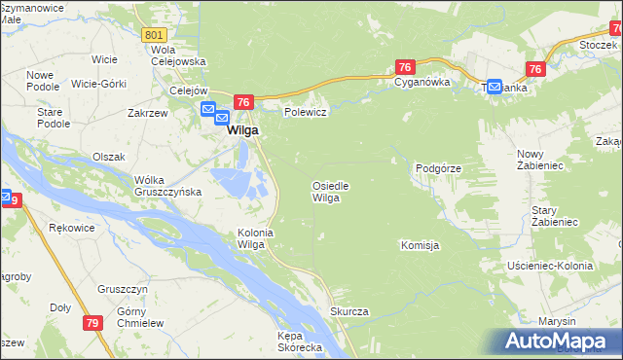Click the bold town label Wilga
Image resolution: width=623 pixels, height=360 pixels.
point(242,129)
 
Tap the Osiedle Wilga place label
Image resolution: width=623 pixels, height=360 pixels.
point(330,192)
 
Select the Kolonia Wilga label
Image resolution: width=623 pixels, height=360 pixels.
point(252,238)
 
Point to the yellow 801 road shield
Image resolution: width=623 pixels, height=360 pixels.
point(153,35)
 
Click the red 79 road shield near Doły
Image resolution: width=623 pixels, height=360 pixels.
point(92,323)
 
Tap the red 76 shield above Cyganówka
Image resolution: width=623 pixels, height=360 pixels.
point(406,66)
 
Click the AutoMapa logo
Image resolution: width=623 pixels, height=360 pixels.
point(559,342)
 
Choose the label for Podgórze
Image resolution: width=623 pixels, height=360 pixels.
point(438,168)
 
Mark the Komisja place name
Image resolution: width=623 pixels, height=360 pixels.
point(421,245)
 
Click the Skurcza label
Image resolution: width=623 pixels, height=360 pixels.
point(349,311)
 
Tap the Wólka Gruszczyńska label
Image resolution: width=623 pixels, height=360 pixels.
point(167,185)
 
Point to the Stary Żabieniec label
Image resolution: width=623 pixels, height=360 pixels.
point(556,216)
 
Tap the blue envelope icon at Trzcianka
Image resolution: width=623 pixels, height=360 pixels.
point(494,87)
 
